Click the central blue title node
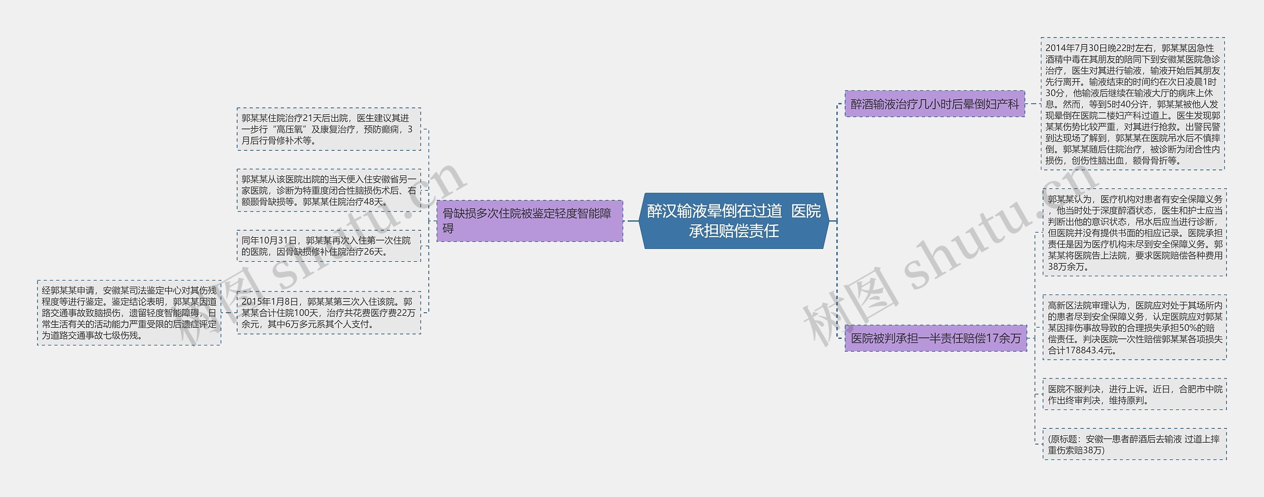[x=734, y=221]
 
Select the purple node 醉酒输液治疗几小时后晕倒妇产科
[x=935, y=104]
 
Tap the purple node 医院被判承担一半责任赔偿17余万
[x=936, y=338]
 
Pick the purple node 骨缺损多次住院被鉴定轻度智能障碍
[x=529, y=221]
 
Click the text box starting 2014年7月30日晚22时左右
[x=1133, y=104]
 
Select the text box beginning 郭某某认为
[x=1135, y=233]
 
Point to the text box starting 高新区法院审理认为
[x=1135, y=328]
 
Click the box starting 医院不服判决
[x=1135, y=395]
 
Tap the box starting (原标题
[x=1135, y=444]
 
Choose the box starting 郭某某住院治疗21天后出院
[x=329, y=129]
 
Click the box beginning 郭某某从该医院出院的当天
[x=329, y=190]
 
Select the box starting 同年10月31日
[x=329, y=246]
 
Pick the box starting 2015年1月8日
[x=329, y=313]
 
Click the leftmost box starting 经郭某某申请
[x=129, y=313]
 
